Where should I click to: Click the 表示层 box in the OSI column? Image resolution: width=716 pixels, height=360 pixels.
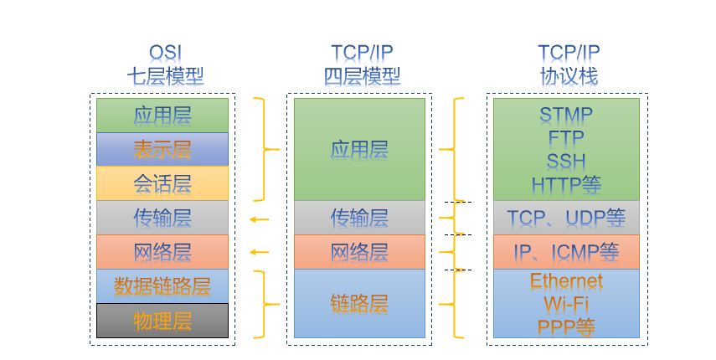click(162, 149)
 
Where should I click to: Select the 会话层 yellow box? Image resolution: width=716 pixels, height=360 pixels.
click(162, 183)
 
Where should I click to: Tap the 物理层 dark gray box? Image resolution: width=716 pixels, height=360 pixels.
click(162, 321)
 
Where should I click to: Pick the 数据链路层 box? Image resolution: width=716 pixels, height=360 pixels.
click(162, 286)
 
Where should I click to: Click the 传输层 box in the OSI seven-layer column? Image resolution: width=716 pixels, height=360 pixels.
click(162, 218)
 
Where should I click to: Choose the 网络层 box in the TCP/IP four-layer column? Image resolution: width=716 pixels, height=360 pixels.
click(359, 252)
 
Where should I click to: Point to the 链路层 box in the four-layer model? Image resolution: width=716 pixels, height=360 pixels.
click(359, 303)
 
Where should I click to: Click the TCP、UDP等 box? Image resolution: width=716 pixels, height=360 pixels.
click(566, 218)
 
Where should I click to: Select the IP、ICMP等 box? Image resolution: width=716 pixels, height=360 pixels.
click(566, 252)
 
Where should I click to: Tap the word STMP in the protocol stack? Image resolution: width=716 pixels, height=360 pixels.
click(566, 115)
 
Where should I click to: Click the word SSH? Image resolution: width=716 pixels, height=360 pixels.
click(566, 162)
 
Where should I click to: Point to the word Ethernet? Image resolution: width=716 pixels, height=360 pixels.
click(566, 281)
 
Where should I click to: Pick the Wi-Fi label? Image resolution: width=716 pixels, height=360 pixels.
click(566, 304)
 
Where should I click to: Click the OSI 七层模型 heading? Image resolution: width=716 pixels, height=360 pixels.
click(165, 64)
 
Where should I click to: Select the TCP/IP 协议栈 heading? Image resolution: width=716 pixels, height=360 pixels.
click(569, 64)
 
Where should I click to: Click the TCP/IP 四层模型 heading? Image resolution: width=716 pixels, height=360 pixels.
click(362, 64)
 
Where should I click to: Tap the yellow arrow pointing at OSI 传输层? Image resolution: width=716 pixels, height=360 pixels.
click(260, 219)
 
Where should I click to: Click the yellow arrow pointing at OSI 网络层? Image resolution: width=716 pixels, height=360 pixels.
click(260, 252)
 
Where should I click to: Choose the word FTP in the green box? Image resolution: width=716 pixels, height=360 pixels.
click(566, 138)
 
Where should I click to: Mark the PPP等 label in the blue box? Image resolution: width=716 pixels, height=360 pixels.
click(566, 327)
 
